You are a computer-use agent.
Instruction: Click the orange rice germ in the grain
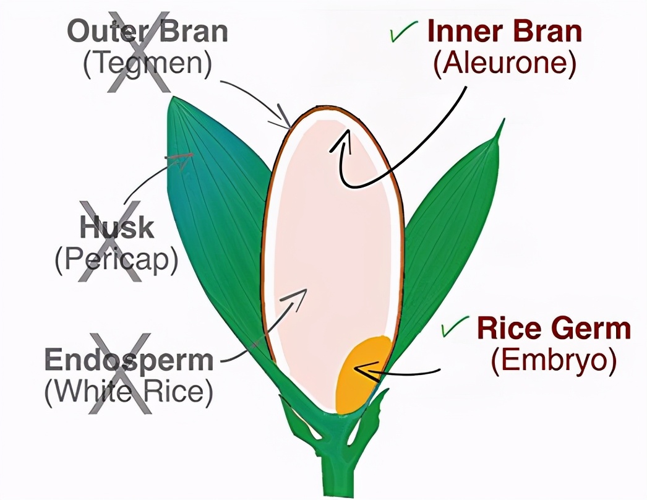coord(362,374)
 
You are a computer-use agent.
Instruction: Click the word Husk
coord(116,228)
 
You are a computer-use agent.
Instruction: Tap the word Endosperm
coord(129,360)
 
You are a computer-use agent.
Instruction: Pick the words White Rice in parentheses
coord(129,392)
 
